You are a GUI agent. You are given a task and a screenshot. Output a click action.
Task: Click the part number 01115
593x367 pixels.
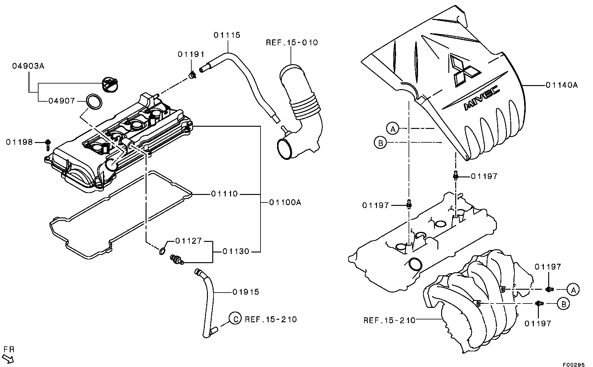point(227,35)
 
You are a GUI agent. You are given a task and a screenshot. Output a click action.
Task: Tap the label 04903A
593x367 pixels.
point(28,66)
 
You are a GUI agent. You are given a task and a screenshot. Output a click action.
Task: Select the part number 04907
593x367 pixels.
point(62,101)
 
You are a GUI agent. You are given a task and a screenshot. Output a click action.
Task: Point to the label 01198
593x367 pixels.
point(19,142)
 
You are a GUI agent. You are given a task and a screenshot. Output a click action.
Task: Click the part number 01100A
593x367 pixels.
point(285,202)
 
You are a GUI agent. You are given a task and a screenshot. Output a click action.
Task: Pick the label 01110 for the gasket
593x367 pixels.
point(224,194)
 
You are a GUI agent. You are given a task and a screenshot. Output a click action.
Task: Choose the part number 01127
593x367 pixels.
point(188,241)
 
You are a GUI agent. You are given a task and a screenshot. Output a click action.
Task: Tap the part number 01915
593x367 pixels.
point(246,292)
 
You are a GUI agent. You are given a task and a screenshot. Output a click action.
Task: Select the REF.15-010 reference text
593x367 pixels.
point(292,43)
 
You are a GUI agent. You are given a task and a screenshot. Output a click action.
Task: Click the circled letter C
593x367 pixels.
point(235,319)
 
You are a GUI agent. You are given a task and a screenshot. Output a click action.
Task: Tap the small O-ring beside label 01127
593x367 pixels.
point(162,251)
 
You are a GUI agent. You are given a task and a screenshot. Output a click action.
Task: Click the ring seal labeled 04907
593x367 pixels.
point(94,102)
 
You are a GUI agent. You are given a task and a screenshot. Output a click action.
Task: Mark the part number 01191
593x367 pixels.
point(191,54)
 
